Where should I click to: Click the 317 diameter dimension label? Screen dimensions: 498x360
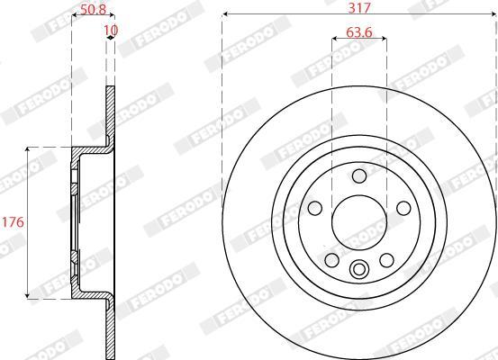(359, 7)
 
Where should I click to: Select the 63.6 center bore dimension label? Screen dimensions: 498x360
(359, 32)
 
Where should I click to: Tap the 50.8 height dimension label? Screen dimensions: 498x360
(93, 10)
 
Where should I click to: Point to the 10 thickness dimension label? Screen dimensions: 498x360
(111, 31)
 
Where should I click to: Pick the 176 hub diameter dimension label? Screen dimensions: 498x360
(13, 222)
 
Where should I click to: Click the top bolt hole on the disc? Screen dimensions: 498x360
(359, 176)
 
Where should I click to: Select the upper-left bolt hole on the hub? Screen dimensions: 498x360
(315, 208)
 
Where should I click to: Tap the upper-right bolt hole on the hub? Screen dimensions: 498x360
(403, 208)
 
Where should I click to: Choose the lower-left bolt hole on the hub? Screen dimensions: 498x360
(332, 260)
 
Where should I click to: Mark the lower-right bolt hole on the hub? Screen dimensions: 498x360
(387, 260)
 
